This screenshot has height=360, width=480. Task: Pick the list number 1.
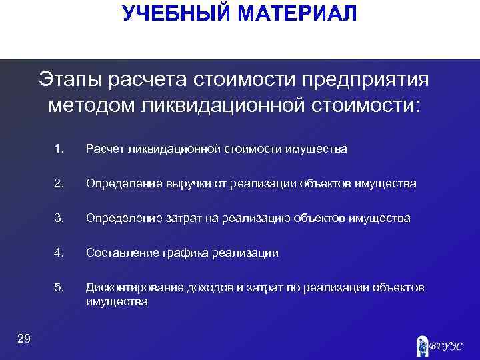[x=60, y=149]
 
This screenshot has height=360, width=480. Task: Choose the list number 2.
[x=60, y=183]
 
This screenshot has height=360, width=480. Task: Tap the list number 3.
[x=60, y=218]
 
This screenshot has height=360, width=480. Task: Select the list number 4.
[x=60, y=253]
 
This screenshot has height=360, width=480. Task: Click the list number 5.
[x=60, y=287]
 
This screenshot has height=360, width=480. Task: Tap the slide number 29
[x=23, y=340]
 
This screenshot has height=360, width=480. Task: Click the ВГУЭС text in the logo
[x=445, y=345]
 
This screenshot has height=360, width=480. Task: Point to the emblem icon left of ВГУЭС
[x=421, y=345]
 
